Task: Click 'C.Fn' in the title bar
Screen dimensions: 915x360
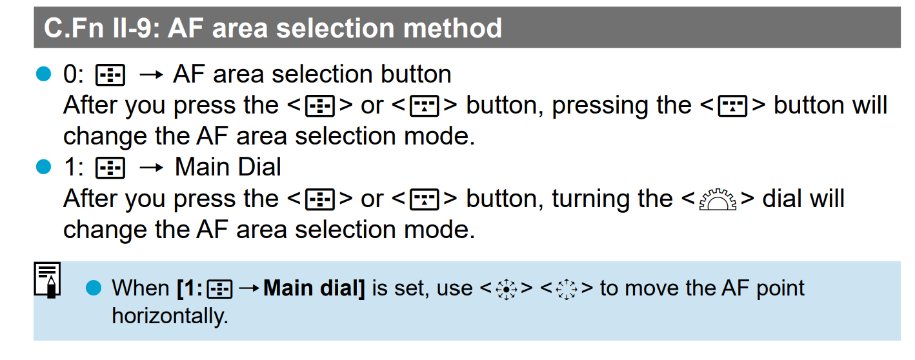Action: [74, 28]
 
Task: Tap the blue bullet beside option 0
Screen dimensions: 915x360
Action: [43, 74]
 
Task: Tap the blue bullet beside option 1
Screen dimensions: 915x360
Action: [43, 166]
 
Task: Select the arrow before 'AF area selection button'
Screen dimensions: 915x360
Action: [151, 75]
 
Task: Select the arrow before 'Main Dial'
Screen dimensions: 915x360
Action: [151, 168]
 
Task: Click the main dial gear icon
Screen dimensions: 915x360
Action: [718, 199]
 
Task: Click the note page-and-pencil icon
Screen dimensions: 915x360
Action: [47, 280]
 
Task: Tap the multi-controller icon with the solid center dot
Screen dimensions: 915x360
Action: [506, 289]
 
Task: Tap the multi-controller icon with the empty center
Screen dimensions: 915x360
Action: [567, 289]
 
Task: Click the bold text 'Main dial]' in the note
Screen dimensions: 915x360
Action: [314, 288]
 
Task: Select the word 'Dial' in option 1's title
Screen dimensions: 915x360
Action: [259, 167]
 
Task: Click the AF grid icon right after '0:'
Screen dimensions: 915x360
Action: [110, 75]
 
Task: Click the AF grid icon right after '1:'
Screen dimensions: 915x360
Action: [110, 168]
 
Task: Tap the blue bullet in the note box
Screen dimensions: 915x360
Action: [94, 288]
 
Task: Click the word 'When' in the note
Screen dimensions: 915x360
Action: [141, 288]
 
